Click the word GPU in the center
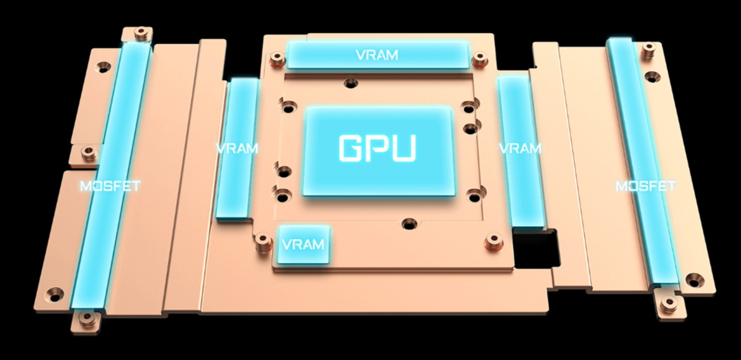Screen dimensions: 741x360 378,148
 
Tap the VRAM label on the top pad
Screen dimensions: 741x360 377,55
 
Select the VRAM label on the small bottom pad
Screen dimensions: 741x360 303,244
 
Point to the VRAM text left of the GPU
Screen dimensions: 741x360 237,148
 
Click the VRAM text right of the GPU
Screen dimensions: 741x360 520,148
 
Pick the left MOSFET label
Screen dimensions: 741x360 110,186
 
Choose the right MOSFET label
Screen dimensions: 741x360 645,186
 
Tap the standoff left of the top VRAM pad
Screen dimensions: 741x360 278,60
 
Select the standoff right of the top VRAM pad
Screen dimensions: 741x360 479,59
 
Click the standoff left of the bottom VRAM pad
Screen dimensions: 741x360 263,243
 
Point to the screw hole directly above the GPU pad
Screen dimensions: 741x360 351,84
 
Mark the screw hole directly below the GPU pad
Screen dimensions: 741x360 409,224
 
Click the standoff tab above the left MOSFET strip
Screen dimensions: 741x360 140,34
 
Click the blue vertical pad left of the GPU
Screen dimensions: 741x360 238,149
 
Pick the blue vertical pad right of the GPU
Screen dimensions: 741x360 521,152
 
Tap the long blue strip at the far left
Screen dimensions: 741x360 112,176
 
